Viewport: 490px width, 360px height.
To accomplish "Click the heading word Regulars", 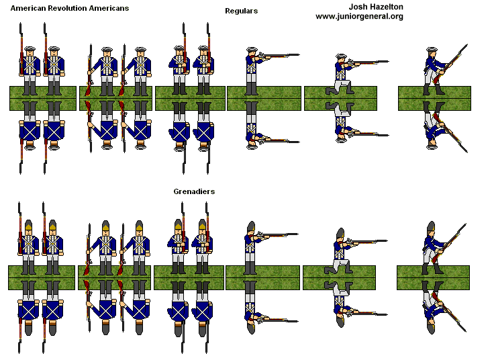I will tap(242, 11).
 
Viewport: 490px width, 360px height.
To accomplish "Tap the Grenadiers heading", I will tap(194, 191).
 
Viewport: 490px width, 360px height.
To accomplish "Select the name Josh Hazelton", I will tap(359, 7).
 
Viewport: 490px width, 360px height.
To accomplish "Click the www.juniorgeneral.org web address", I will tap(359, 16).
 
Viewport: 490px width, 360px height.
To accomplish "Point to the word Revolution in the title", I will tap(70, 7).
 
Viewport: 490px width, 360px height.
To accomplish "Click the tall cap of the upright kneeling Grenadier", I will tap(340, 234).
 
